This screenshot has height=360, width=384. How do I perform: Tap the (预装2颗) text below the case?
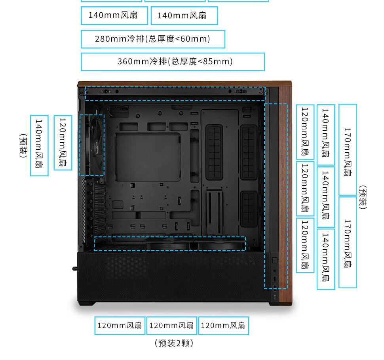pos(174,343)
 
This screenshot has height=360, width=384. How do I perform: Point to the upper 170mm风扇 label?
pos(348,149)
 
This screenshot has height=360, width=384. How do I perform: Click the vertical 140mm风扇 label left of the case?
pos(39,145)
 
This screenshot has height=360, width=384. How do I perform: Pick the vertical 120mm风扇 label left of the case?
pos(63,143)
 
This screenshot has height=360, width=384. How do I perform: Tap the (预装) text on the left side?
pos(23,146)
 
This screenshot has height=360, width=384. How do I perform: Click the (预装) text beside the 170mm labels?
pos(363,198)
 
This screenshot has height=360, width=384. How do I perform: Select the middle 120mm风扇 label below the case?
pos(172,326)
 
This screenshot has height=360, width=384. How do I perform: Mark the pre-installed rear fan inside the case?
pos(93,145)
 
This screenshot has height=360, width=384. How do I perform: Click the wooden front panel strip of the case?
pos(285,194)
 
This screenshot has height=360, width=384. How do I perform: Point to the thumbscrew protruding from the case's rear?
pos(75,269)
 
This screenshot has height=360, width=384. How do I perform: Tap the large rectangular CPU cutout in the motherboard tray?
pos(148,157)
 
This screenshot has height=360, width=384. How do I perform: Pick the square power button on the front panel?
pos(275,260)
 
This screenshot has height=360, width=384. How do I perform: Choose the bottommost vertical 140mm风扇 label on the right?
pos(326,259)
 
